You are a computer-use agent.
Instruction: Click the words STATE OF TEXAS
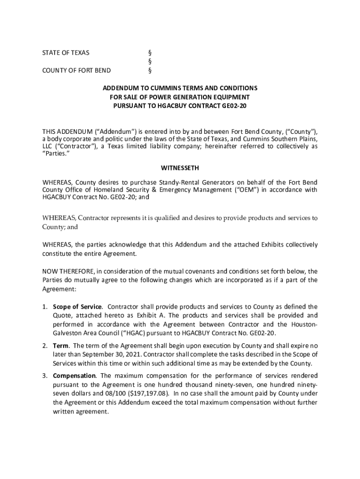pos(66,53)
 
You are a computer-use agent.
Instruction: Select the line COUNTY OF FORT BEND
pos(77,71)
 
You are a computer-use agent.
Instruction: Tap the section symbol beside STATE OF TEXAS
pos(150,53)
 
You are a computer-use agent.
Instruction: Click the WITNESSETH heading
pos(180,167)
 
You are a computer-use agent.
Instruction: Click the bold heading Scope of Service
pos(77,307)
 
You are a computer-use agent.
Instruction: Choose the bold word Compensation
pos(75,376)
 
